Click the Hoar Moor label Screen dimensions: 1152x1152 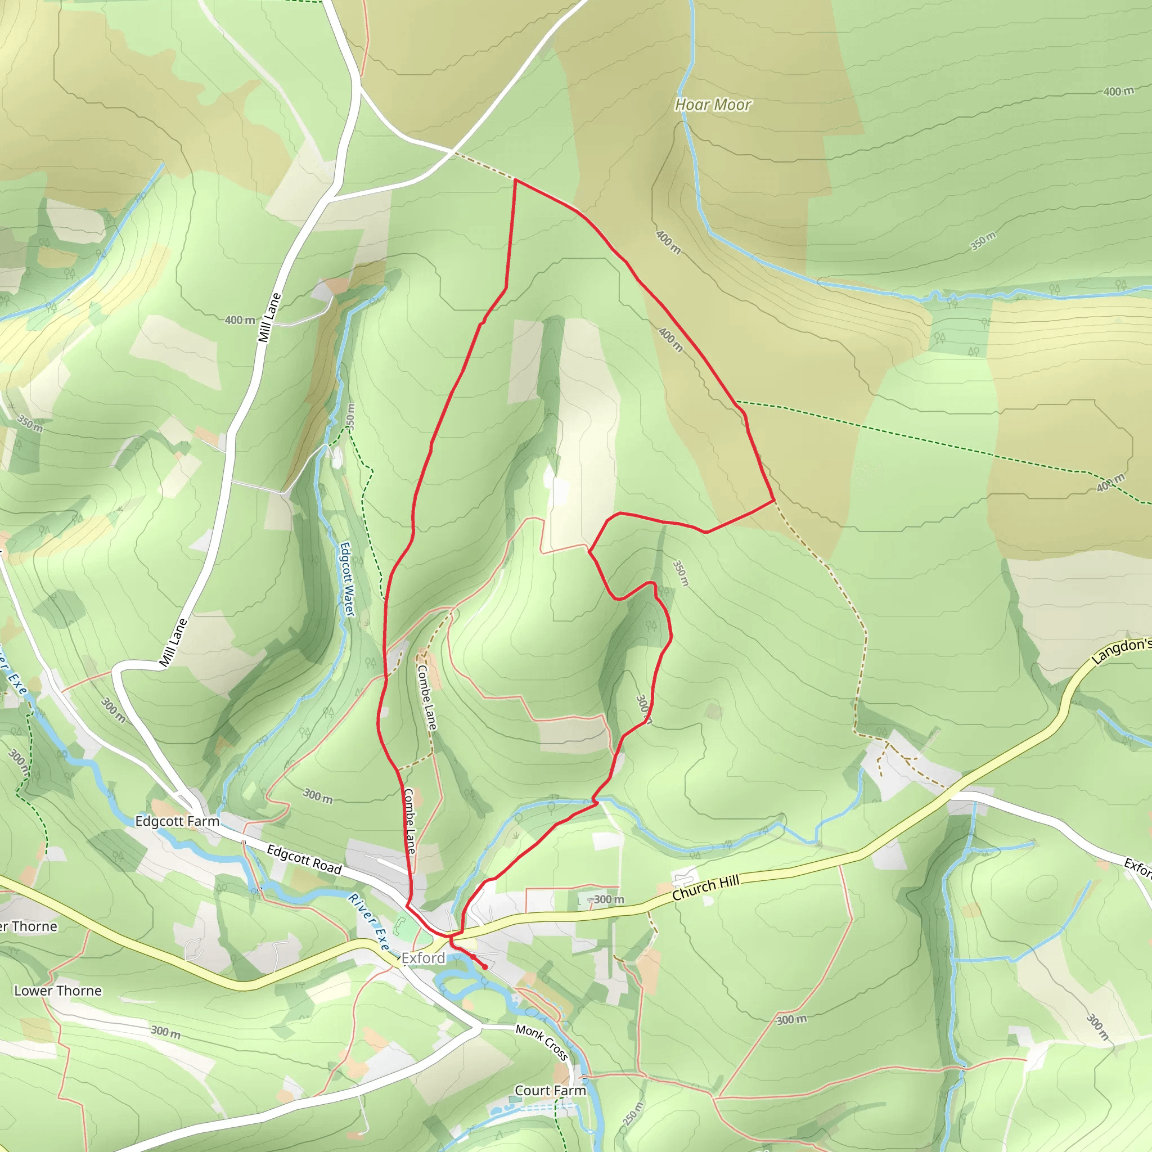713,105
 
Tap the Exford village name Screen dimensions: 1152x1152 424,958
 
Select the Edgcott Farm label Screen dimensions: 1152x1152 177,821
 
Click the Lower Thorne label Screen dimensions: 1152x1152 58,991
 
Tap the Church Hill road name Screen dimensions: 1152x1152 705,888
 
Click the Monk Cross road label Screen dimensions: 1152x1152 542,1042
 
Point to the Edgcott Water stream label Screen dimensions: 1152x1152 347,579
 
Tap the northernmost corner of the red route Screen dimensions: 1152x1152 515,179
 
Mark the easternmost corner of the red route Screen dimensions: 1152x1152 774,500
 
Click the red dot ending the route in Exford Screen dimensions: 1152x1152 485,967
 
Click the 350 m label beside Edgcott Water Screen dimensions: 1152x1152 350,416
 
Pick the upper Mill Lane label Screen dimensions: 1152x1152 269,318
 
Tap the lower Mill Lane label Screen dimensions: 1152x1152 173,643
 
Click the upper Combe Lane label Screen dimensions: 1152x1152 427,697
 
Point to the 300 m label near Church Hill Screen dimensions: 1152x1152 608,899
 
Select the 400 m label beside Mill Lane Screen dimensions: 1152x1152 240,320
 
